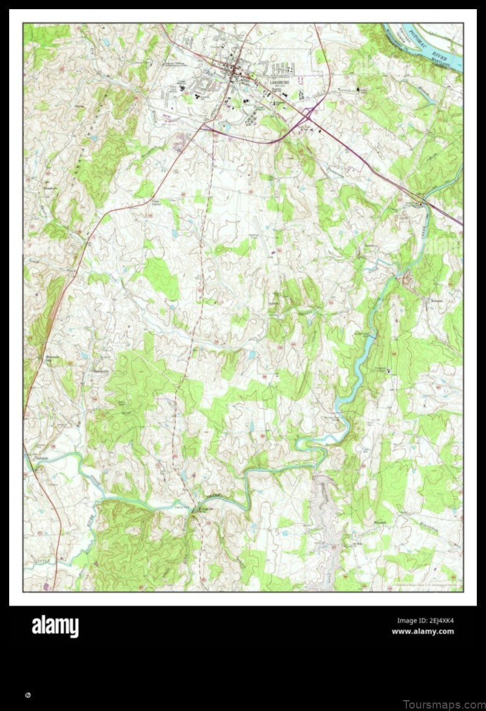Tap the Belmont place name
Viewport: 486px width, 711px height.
click(x=419, y=300)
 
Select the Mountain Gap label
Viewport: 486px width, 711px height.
click(x=48, y=360)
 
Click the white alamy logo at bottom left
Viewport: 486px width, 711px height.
click(x=55, y=626)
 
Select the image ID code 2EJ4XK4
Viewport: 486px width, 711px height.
click(x=425, y=620)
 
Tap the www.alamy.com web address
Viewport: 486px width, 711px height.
click(x=422, y=631)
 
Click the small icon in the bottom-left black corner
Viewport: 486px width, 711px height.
click(x=28, y=693)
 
